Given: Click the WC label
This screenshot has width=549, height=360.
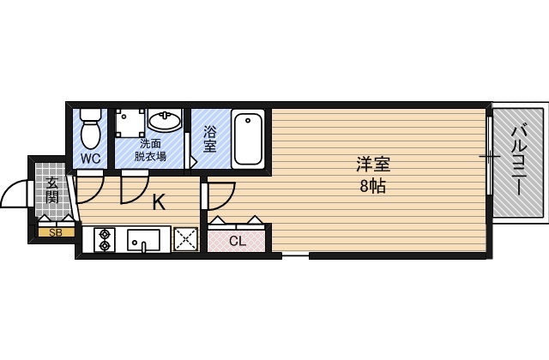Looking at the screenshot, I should [91, 159].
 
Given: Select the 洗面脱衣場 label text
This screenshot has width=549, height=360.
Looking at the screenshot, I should [151, 150].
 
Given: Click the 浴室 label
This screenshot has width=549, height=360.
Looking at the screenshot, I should [211, 139].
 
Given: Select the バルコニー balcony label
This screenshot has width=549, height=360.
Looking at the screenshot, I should [518, 164].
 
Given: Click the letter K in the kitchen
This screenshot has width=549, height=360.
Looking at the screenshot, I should [159, 203].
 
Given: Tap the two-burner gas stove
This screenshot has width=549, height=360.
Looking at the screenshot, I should [106, 239].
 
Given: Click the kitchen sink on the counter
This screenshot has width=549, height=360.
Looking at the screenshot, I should [143, 240].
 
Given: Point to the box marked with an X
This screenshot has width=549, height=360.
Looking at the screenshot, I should [185, 240].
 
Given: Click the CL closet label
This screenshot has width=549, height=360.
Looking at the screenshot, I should [238, 241].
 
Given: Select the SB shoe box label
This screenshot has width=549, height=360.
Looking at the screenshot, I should [55, 232].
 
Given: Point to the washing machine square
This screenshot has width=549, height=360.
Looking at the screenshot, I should [130, 122].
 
